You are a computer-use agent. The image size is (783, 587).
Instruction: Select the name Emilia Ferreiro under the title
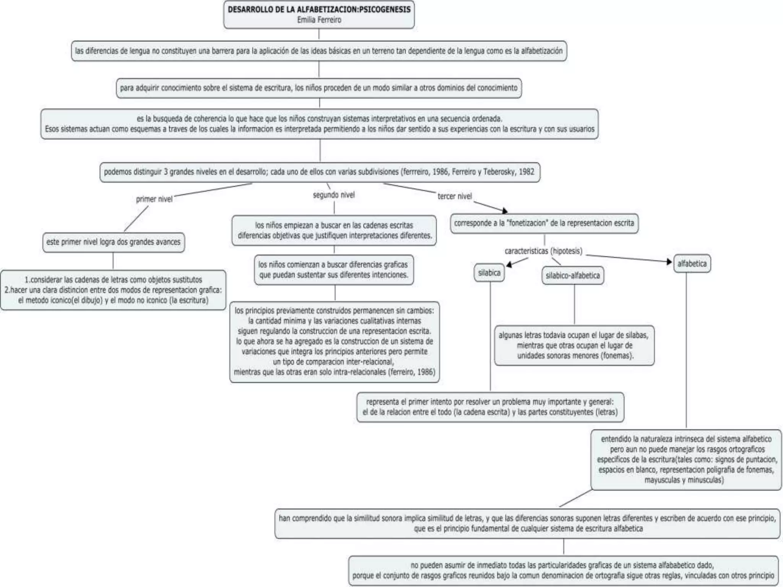pos(319,20)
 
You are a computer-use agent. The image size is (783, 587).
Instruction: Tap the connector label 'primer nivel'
pos(154,199)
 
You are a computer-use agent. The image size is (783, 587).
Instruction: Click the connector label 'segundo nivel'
pos(334,195)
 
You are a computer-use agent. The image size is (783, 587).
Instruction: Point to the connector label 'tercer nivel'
pos(455,196)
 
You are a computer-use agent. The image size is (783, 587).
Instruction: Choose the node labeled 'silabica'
pos(489,273)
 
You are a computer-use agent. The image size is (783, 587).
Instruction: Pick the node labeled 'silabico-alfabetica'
pos(572,276)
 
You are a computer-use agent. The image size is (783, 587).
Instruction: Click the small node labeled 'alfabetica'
pos(692,264)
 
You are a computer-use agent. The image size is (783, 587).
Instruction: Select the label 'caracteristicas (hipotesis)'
pos(543,251)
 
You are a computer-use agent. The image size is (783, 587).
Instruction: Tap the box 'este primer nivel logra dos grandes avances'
pos(114,242)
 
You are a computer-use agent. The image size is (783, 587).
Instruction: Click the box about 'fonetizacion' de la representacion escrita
pos(544,223)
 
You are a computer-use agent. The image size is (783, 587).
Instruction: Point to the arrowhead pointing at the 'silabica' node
pos(509,264)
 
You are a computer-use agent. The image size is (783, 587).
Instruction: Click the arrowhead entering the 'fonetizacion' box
pos(505,211)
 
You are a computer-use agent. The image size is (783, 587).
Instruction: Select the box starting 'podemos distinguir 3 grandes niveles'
pos(319,172)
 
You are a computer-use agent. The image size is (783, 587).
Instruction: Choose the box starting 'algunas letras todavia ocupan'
pos(574,345)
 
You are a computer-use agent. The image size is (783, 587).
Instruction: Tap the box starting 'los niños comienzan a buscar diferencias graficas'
pos(333,270)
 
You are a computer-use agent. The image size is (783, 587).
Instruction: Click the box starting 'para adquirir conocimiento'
pos(319,88)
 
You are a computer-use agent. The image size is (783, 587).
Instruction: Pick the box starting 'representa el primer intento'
pos(490,407)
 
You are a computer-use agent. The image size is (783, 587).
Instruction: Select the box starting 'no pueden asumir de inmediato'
pos(563,571)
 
